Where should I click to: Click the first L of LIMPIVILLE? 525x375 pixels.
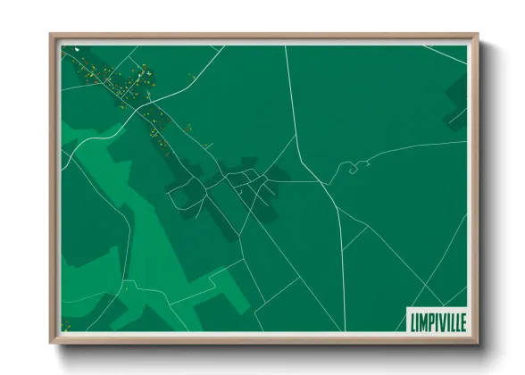pyautogui.click(x=411, y=320)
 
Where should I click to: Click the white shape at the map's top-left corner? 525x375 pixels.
pyautogui.click(x=78, y=49)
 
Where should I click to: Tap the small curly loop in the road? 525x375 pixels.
pyautogui.click(x=353, y=166)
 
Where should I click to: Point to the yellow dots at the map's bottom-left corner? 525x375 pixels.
pyautogui.click(x=65, y=325)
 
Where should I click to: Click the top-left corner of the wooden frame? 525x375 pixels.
pyautogui.click(x=52, y=37)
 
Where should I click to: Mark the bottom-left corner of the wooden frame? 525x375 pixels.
pyautogui.click(x=52, y=342)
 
